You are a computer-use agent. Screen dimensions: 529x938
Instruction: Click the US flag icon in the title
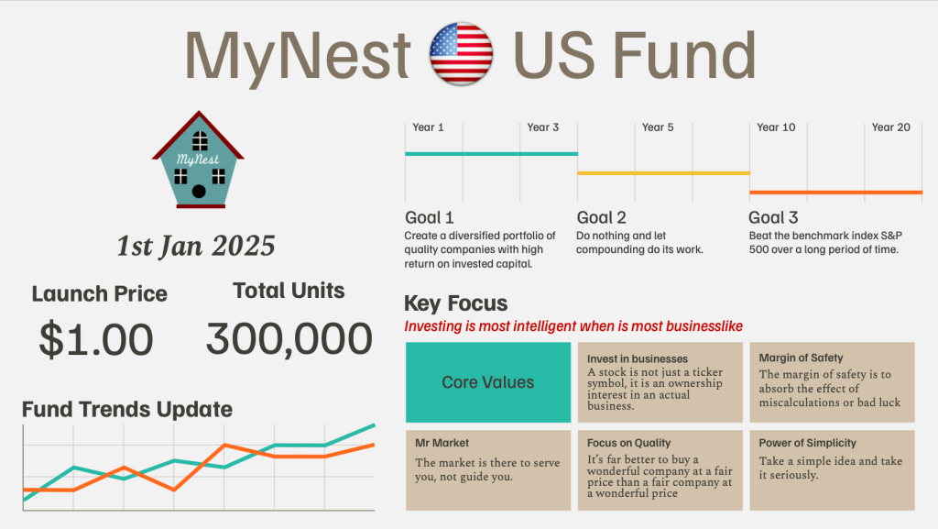tap(462, 54)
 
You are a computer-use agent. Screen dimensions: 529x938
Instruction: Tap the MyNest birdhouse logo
tap(198, 160)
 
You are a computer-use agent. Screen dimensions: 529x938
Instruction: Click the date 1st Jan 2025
tap(195, 246)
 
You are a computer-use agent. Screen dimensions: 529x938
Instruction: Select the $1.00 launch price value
tap(96, 339)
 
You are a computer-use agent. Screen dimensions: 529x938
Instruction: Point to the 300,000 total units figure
tap(289, 339)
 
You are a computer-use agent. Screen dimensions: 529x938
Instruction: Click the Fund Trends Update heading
tap(127, 409)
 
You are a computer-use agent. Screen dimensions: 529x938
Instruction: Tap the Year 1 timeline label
tap(428, 127)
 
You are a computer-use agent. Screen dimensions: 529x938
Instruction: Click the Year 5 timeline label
tap(658, 127)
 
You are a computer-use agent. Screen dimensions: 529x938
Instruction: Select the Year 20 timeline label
tap(890, 127)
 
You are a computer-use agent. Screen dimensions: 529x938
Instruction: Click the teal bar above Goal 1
tap(491, 153)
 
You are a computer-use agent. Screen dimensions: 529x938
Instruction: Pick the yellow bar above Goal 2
tap(663, 172)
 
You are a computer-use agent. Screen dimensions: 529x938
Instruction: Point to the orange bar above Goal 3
tap(835, 193)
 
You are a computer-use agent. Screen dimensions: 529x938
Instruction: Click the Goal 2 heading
tap(601, 218)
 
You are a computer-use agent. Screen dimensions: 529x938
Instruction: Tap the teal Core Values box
tap(487, 382)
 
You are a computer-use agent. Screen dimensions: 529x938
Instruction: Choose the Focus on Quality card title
tap(628, 443)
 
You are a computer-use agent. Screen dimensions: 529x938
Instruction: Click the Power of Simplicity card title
tap(807, 443)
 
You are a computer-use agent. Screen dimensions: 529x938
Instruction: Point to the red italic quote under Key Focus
tap(573, 326)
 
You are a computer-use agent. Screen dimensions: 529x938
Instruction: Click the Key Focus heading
tap(455, 303)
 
